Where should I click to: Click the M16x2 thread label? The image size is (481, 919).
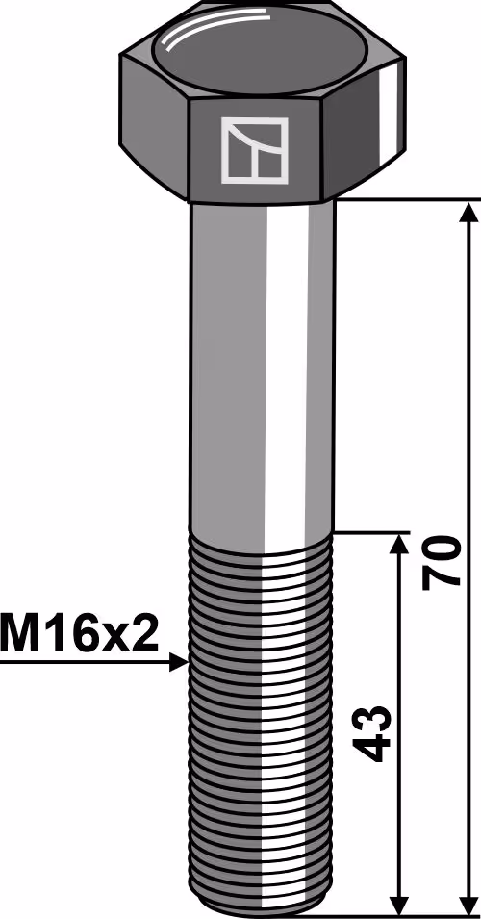[80, 633]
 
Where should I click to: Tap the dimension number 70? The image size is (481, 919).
[443, 561]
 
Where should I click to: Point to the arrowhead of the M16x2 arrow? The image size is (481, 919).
[179, 663]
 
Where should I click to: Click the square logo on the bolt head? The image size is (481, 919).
[254, 150]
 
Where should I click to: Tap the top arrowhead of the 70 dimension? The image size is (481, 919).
[468, 213]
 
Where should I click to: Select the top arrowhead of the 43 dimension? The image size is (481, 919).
[399, 545]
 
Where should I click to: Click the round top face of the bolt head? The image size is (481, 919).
[260, 51]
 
